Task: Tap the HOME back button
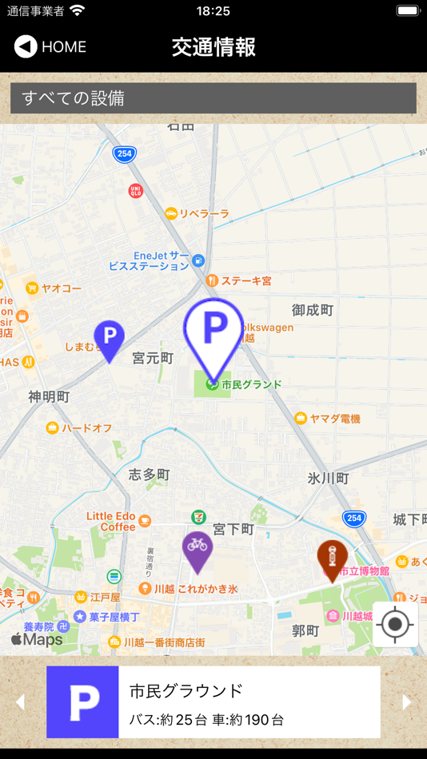[50, 47]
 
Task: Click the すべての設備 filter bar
[213, 98]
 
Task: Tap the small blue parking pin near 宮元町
[110, 339]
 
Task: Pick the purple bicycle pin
[197, 549]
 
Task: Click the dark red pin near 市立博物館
[331, 558]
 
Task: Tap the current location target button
[395, 624]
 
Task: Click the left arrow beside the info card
[21, 702]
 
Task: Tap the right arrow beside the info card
[407, 702]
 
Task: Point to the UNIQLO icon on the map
[135, 190]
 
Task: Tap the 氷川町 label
[329, 479]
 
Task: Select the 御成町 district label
[313, 310]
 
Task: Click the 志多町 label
[150, 475]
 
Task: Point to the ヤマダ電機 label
[335, 418]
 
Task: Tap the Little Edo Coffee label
[111, 521]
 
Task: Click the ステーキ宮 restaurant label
[246, 280]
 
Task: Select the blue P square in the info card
[82, 702]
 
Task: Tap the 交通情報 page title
[213, 47]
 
